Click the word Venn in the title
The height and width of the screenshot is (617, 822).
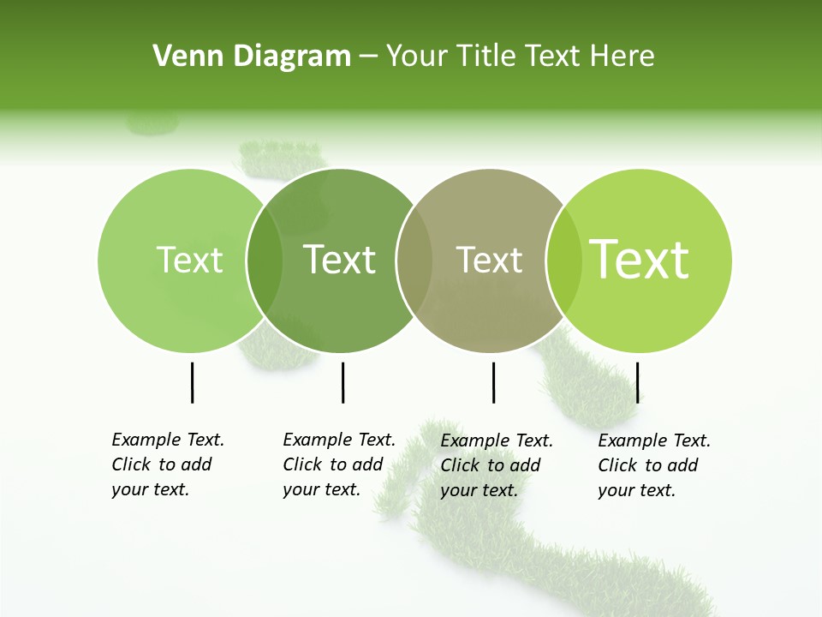(182, 57)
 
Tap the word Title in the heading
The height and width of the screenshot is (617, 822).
(487, 57)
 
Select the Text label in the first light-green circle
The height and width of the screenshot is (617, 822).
(189, 260)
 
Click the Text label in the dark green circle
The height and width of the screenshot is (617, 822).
(340, 260)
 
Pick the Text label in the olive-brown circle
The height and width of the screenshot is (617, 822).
(489, 260)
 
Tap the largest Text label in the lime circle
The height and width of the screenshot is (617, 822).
(640, 260)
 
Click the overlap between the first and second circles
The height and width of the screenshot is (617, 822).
(265, 260)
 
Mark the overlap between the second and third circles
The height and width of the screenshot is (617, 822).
(414, 260)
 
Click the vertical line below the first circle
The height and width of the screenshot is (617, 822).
(192, 382)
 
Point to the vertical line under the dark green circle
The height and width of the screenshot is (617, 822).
(342, 382)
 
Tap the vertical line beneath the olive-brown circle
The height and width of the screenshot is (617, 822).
(493, 382)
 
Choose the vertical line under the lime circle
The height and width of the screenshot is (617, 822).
(638, 382)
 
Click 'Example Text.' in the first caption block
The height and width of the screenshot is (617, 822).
(168, 440)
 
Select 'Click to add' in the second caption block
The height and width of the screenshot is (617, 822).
(332, 464)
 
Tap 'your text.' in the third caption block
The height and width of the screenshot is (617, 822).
(479, 490)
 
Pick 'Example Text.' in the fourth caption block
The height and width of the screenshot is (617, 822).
(654, 440)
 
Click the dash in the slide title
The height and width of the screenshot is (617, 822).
(368, 57)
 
